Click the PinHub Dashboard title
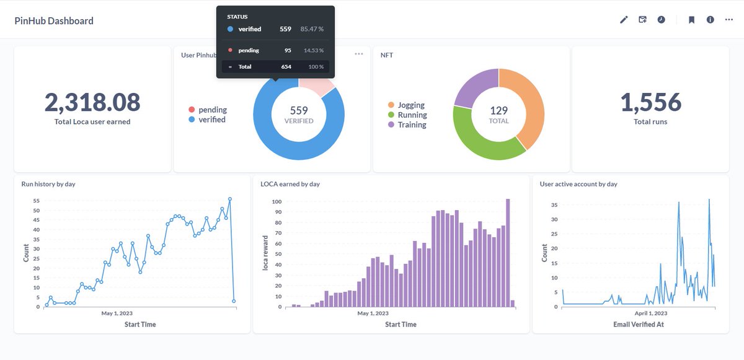[54, 20]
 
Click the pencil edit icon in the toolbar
[624, 20]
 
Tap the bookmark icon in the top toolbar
[691, 20]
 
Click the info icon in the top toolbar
[711, 20]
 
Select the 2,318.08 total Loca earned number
[92, 102]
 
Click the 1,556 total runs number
[650, 102]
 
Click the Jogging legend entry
[411, 105]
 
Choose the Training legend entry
[412, 125]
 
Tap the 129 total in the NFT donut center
[498, 110]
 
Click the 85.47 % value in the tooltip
[312, 29]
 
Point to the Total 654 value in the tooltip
[286, 66]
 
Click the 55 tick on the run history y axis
[35, 201]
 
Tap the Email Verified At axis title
[639, 324]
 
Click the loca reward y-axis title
[266, 253]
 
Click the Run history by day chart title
[48, 184]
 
